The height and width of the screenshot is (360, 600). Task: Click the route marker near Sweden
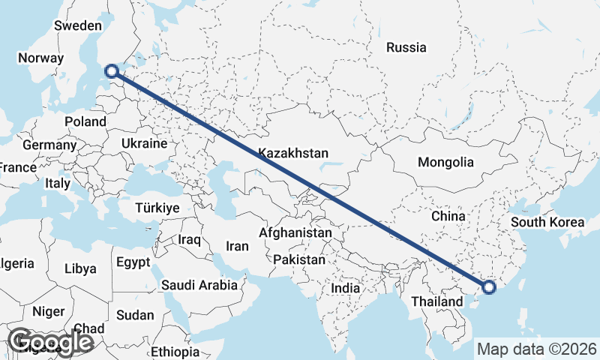pos(112,71)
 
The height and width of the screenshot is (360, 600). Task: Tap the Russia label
pos(406,47)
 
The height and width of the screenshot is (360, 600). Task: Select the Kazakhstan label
pos(293,153)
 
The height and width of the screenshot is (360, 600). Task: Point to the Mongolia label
pos(445,162)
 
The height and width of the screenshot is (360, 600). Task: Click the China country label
pos(449,216)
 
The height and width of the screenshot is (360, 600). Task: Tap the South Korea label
pos(547,222)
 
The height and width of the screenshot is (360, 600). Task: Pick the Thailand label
pos(438,301)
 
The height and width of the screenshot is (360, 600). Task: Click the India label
pos(346,288)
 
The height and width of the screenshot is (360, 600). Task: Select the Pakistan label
pos(299,259)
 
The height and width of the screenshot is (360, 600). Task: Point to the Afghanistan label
pos(295,233)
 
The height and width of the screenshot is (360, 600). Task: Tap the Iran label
pos(237,245)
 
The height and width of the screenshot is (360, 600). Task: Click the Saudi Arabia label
pos(199,285)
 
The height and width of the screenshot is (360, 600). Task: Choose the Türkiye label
pos(157,208)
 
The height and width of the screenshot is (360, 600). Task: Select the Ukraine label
pos(144,142)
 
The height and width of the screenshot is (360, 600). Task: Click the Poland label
pos(85,121)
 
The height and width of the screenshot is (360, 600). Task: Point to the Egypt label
pos(133,262)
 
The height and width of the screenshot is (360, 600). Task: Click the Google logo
pos(50,342)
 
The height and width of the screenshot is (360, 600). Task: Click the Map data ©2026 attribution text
pos(537,349)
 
